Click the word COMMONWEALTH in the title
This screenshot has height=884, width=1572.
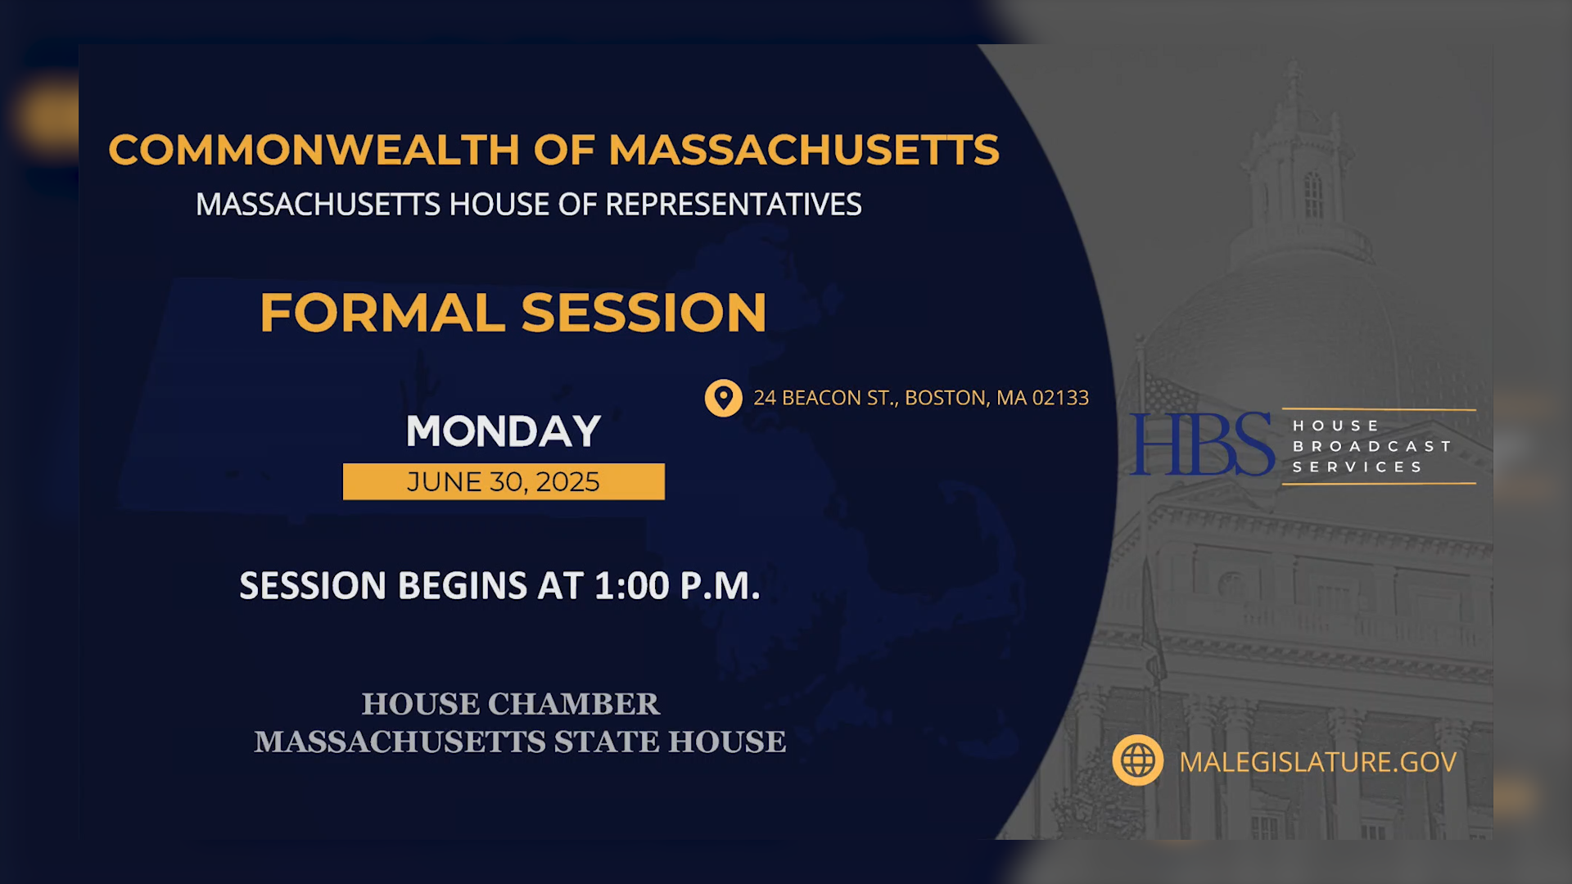(x=314, y=150)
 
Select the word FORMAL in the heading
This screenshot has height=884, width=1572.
(x=382, y=313)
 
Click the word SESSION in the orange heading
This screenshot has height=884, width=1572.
(x=644, y=313)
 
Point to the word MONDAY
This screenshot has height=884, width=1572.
(x=504, y=431)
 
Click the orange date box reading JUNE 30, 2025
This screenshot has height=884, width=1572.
(x=504, y=482)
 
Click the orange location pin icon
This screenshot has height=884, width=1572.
(x=723, y=398)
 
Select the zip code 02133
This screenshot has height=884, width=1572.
(x=1060, y=398)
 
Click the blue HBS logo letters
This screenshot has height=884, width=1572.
(x=1201, y=444)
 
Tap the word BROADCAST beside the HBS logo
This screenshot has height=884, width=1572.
(x=1371, y=446)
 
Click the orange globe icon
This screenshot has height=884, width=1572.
(x=1137, y=761)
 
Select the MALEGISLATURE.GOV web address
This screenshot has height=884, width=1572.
(x=1317, y=762)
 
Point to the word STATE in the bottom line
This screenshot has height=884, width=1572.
(x=608, y=742)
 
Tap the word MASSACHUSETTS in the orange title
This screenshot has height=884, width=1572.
(x=803, y=150)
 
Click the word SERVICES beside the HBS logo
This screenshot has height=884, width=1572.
(x=1357, y=467)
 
